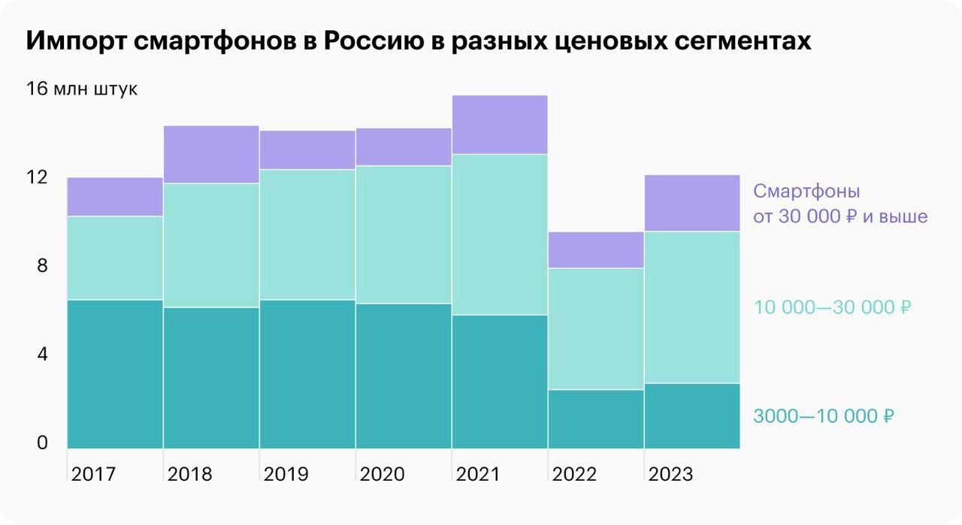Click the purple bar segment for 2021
point(499,125)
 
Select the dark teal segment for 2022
point(595,419)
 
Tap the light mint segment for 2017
point(115,258)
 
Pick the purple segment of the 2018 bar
point(211,155)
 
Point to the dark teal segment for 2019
point(307,374)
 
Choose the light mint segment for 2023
point(691,307)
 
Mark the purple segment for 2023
point(691,203)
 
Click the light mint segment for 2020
point(404,234)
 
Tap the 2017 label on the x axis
point(93,475)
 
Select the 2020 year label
point(382,475)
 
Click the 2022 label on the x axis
point(574,475)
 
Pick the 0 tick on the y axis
point(41,443)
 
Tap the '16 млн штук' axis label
point(82,89)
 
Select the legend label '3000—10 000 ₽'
point(823,416)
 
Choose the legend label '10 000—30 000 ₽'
point(832,307)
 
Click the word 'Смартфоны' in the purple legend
point(806,191)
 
